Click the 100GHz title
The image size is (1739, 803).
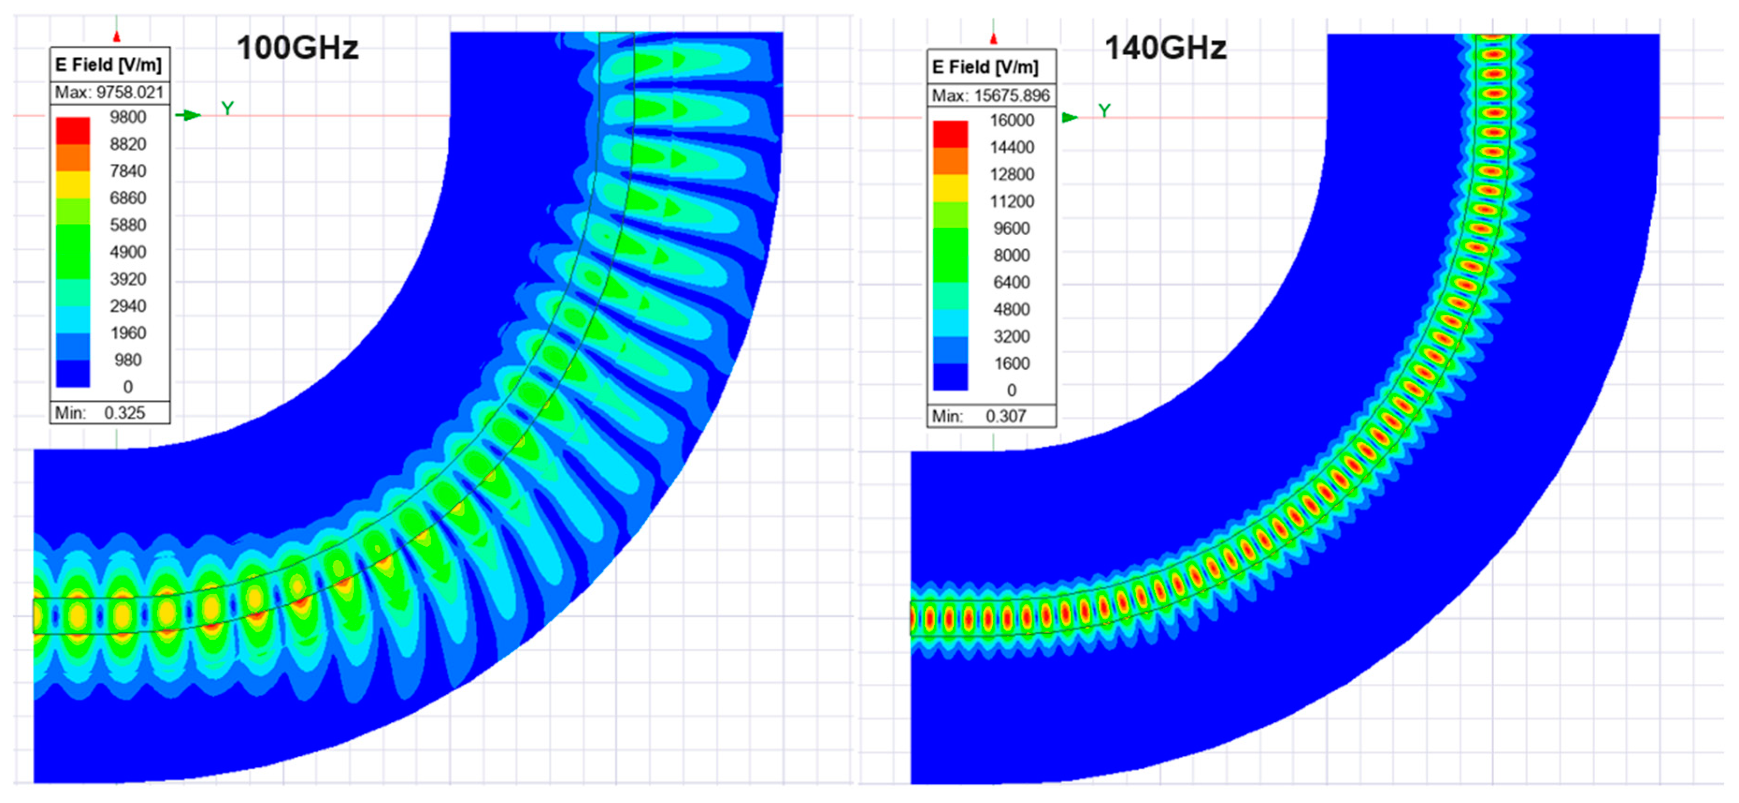coord(297,48)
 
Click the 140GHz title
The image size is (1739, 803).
coord(1165,48)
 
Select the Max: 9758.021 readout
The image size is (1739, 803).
coord(109,93)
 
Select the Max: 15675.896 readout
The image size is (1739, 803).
coord(991,95)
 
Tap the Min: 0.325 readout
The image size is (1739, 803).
coord(100,412)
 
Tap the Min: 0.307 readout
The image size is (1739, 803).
coord(980,416)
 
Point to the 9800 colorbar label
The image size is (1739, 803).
coord(128,117)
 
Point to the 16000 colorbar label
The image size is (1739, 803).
coord(1012,120)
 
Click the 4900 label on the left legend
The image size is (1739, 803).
coord(128,252)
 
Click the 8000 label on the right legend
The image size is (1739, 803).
coord(1012,255)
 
